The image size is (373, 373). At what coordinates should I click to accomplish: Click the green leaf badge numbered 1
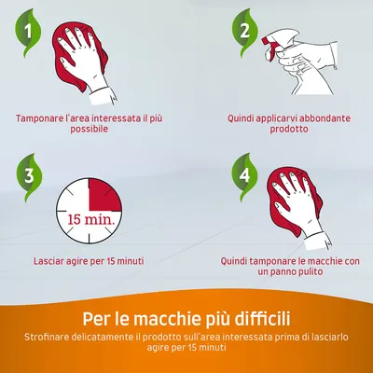click(28, 33)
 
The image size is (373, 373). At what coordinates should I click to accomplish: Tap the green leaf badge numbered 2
click(245, 32)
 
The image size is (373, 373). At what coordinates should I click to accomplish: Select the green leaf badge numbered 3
click(29, 177)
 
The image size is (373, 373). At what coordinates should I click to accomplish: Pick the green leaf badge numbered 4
click(244, 176)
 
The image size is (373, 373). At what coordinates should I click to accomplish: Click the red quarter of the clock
click(104, 195)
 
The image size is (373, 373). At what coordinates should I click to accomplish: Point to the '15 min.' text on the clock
click(90, 220)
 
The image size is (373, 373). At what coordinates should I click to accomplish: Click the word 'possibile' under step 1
click(90, 129)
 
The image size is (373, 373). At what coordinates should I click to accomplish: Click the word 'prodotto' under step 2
click(289, 129)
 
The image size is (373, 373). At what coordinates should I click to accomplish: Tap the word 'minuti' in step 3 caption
click(131, 261)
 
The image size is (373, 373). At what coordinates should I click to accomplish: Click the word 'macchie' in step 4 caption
click(316, 261)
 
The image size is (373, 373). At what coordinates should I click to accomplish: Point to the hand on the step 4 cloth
click(298, 208)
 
